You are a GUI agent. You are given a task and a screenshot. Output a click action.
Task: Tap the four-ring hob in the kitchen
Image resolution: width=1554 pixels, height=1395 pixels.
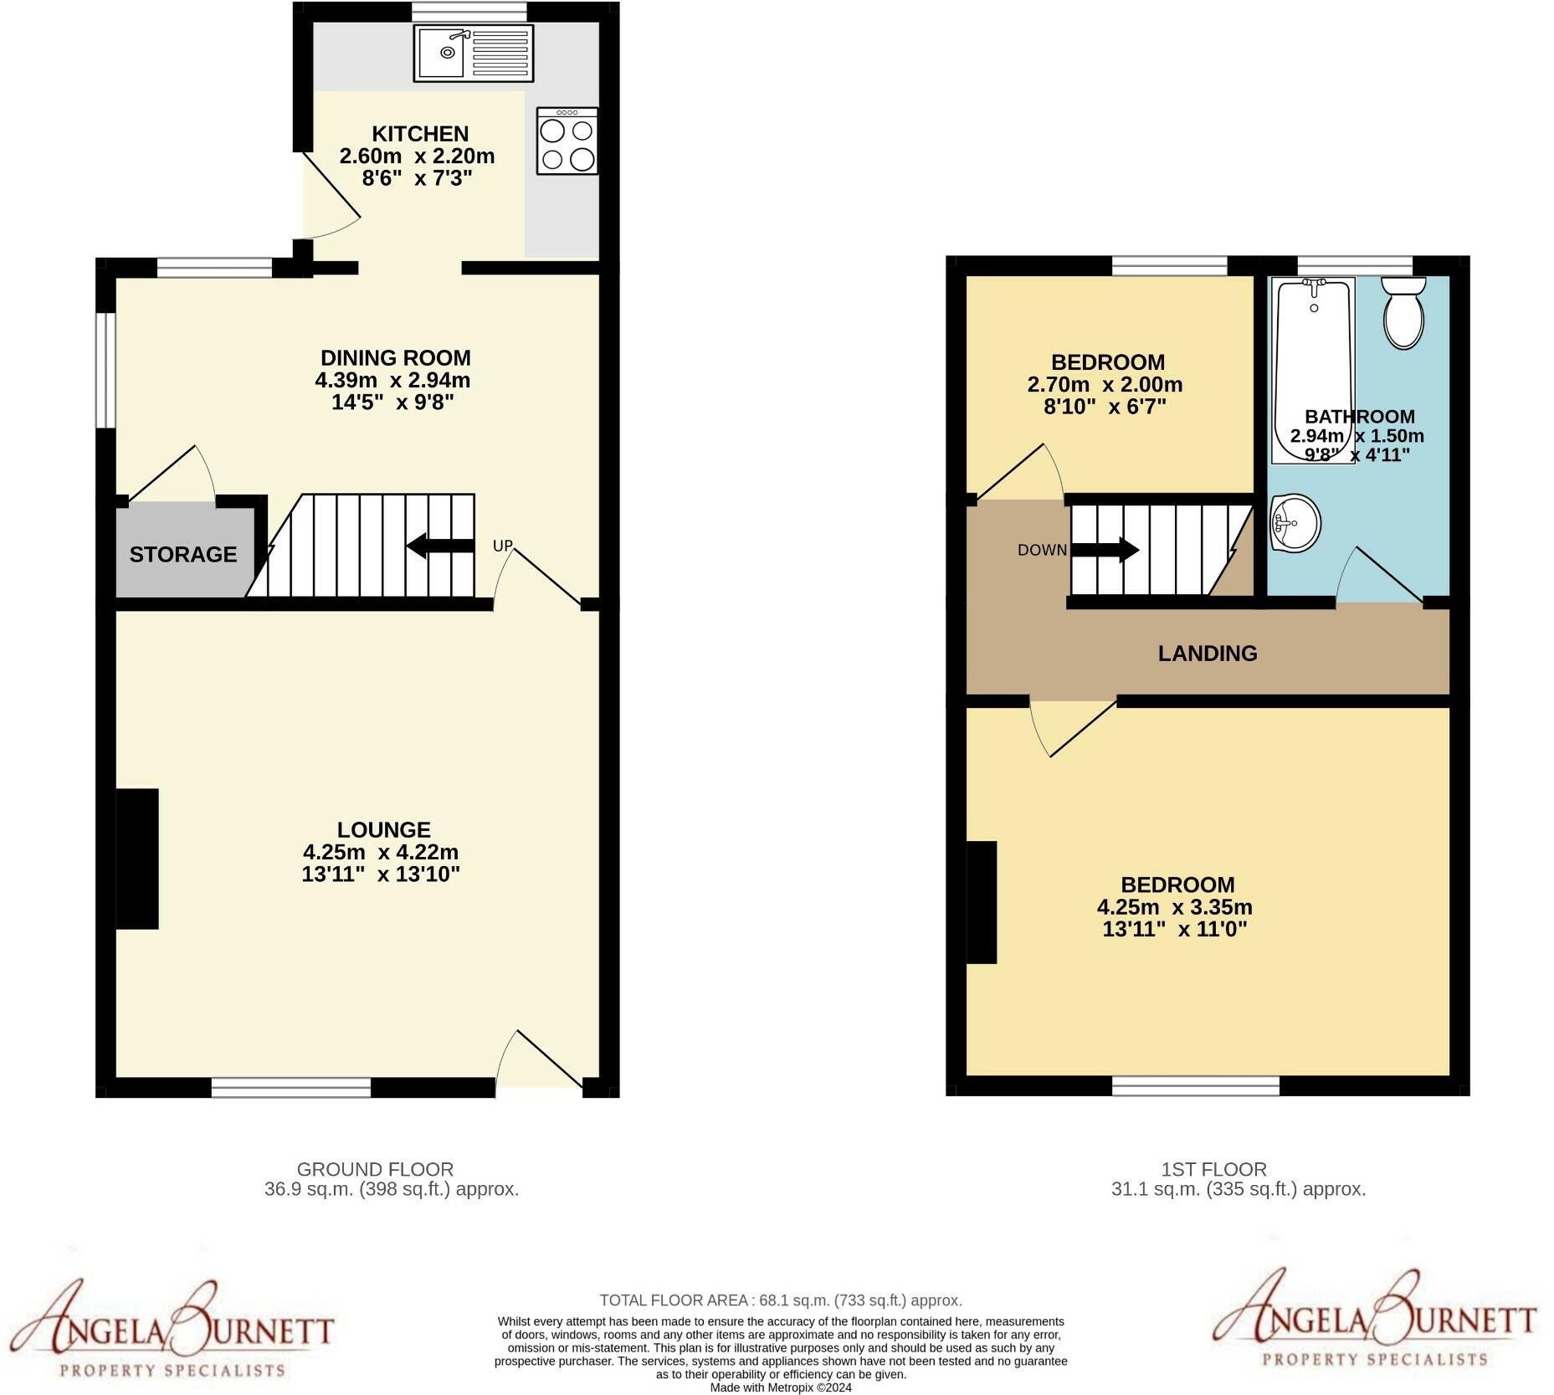click(x=567, y=141)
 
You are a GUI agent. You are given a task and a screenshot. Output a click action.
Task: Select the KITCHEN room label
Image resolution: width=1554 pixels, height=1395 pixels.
click(x=419, y=134)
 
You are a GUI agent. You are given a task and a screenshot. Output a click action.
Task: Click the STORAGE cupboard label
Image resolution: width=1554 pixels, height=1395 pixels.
click(x=182, y=554)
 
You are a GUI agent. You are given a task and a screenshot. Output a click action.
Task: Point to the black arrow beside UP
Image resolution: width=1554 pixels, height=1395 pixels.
click(x=440, y=546)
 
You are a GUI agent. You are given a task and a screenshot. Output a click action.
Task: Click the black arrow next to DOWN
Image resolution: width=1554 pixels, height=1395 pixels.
click(x=1105, y=550)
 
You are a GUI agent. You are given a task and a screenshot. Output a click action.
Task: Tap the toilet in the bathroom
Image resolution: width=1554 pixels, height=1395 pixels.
click(x=1403, y=313)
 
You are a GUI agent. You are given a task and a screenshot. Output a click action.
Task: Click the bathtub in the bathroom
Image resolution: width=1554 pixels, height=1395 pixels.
click(x=1311, y=371)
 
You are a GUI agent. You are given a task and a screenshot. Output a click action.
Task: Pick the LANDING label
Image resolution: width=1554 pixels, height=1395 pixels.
click(x=1207, y=654)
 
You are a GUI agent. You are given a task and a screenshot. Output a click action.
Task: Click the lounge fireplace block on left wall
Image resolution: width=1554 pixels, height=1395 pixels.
click(x=137, y=859)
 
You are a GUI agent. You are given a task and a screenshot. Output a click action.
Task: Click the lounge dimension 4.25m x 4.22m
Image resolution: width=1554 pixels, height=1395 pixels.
click(x=381, y=852)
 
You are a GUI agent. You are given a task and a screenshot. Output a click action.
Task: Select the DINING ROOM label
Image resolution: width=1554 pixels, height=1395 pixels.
click(x=395, y=358)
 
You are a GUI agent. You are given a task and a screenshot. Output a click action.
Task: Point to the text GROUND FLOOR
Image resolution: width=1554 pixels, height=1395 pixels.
click(x=375, y=1169)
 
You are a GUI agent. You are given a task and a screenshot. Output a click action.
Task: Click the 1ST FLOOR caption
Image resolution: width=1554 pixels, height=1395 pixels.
click(x=1213, y=1169)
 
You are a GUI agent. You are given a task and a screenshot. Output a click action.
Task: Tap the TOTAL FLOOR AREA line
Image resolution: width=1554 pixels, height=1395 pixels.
click(x=780, y=1300)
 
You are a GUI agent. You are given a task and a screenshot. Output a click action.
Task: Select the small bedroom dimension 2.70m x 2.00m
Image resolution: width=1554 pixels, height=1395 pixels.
click(x=1105, y=385)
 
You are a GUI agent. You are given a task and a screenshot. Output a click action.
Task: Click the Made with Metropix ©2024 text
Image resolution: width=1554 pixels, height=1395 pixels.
click(x=780, y=1387)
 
